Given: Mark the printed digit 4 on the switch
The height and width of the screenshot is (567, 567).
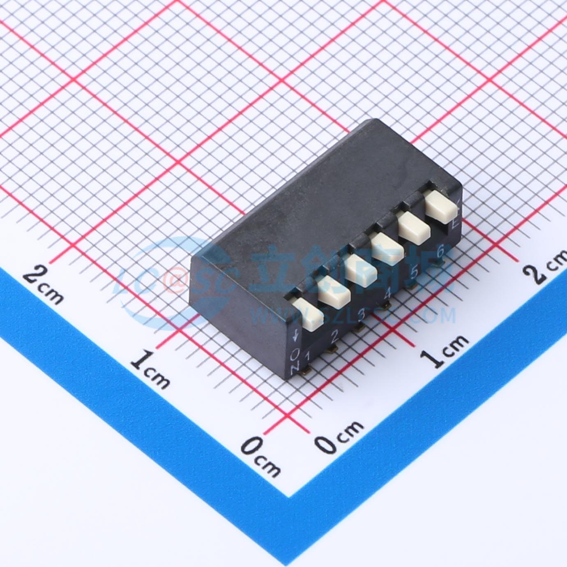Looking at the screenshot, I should (x=387, y=294).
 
